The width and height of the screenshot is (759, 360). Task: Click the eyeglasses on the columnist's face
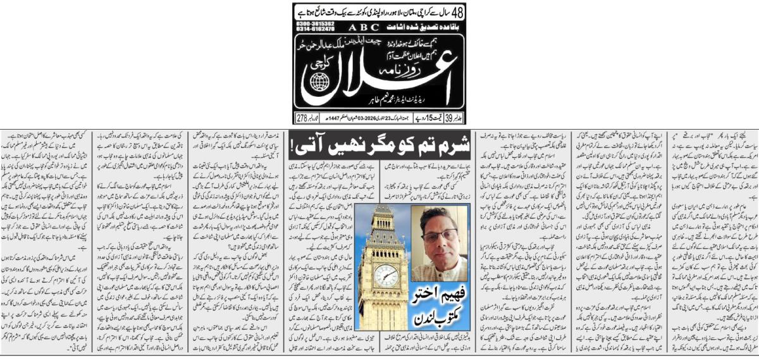coord(440,236)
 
